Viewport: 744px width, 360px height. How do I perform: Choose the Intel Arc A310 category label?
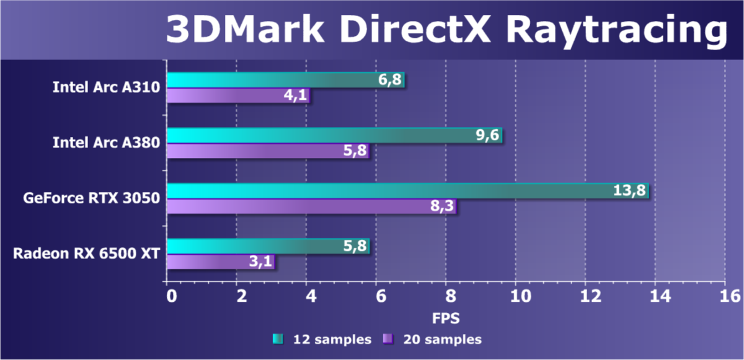(106, 87)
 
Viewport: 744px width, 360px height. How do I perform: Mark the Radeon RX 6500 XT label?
(86, 253)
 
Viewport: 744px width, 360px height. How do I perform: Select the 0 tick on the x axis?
(170, 296)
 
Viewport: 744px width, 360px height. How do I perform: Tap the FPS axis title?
(446, 318)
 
